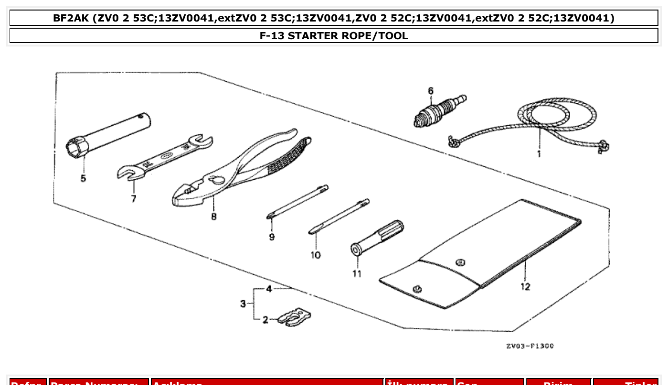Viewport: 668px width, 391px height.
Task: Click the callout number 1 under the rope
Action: [539, 154]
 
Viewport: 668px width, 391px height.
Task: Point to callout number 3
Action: [243, 304]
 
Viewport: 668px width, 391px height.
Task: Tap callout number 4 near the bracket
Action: [269, 289]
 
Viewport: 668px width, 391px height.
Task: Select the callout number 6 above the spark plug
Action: [430, 90]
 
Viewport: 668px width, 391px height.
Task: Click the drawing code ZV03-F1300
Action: [530, 346]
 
